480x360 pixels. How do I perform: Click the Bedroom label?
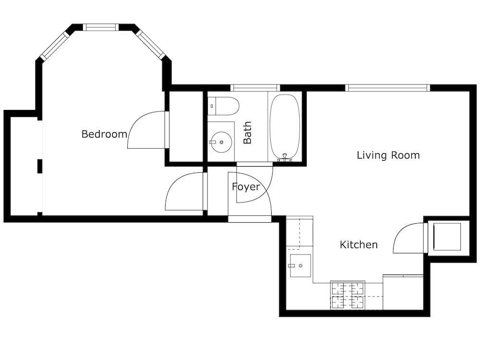pos(104,134)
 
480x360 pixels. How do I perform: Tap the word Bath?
pos(247,132)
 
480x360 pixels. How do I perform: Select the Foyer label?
pos(246,187)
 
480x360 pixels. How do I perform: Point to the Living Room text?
pos(388,155)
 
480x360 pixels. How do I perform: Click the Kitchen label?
pos(359,245)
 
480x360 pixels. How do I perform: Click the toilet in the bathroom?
pos(223,106)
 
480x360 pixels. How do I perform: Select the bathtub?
pos(285,128)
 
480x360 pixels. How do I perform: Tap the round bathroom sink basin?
pos(221,142)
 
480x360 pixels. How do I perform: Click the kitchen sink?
pos(300,266)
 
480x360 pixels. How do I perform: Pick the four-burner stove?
pos(348,295)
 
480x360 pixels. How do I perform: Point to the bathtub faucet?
pos(285,158)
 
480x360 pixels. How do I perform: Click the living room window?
pos(388,88)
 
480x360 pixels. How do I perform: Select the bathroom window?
pos(255,88)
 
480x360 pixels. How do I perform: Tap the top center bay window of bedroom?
pos(101,27)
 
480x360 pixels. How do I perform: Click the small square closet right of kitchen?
pos(447,237)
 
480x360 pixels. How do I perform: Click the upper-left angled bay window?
pos(55,46)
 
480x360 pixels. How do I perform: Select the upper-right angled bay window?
pos(151,44)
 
